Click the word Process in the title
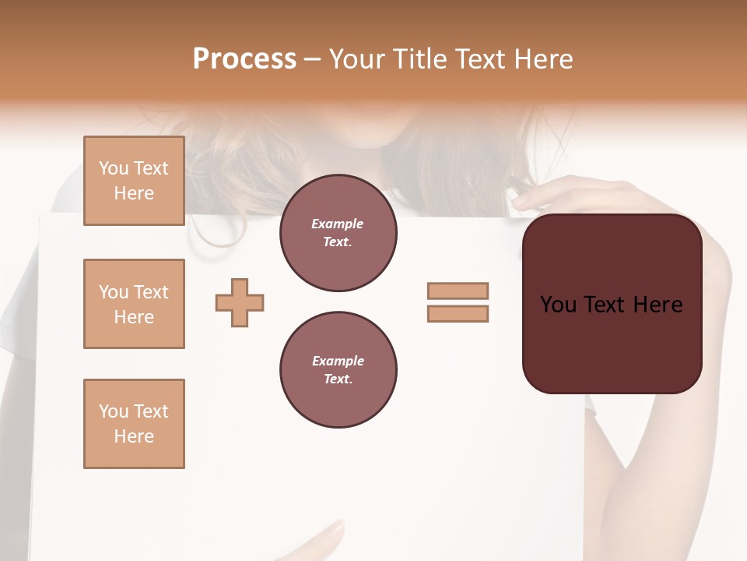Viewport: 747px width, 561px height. [x=244, y=59]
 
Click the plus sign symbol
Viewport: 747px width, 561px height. [x=240, y=302]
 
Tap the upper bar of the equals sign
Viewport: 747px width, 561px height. [x=458, y=291]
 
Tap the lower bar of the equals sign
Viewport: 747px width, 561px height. [x=458, y=314]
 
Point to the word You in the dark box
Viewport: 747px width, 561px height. [x=559, y=305]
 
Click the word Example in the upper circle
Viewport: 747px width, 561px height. [x=338, y=224]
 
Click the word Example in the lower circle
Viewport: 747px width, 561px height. [x=338, y=361]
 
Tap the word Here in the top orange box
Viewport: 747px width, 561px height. [x=134, y=193]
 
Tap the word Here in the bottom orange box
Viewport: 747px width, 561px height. [x=134, y=436]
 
